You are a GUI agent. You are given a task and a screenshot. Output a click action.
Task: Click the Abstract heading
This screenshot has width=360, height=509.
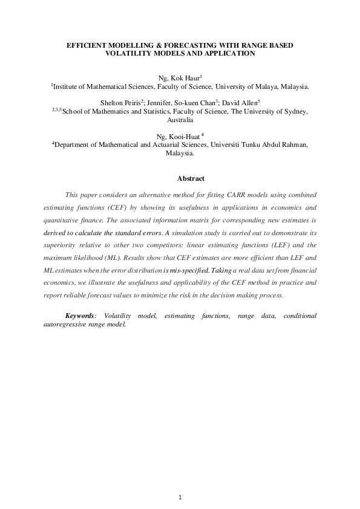point(191,178)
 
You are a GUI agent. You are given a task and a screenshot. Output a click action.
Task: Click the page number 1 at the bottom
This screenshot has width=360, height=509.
point(180,497)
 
